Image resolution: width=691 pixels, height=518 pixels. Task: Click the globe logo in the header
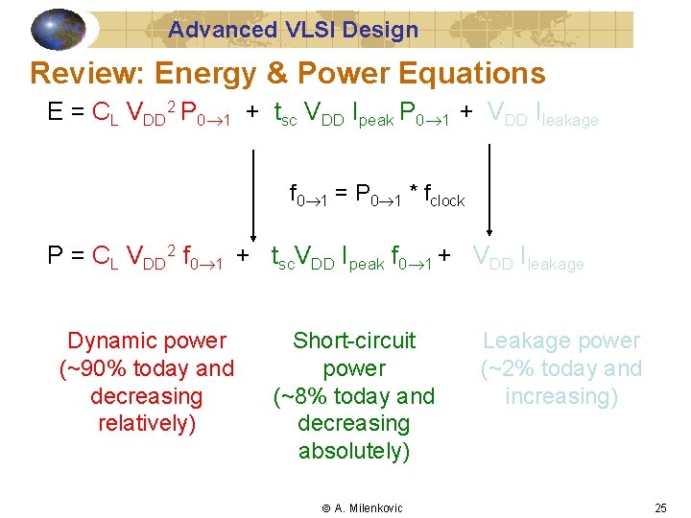[x=59, y=29]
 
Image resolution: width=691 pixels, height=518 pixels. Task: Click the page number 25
[x=660, y=508]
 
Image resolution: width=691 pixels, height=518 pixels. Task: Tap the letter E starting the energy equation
[x=56, y=113]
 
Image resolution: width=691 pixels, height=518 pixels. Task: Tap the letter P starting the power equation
[x=56, y=256]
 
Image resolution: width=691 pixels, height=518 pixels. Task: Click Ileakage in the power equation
[x=551, y=258]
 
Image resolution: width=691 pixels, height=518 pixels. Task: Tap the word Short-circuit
[x=354, y=341]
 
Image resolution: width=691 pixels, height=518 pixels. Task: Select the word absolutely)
[x=354, y=451]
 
